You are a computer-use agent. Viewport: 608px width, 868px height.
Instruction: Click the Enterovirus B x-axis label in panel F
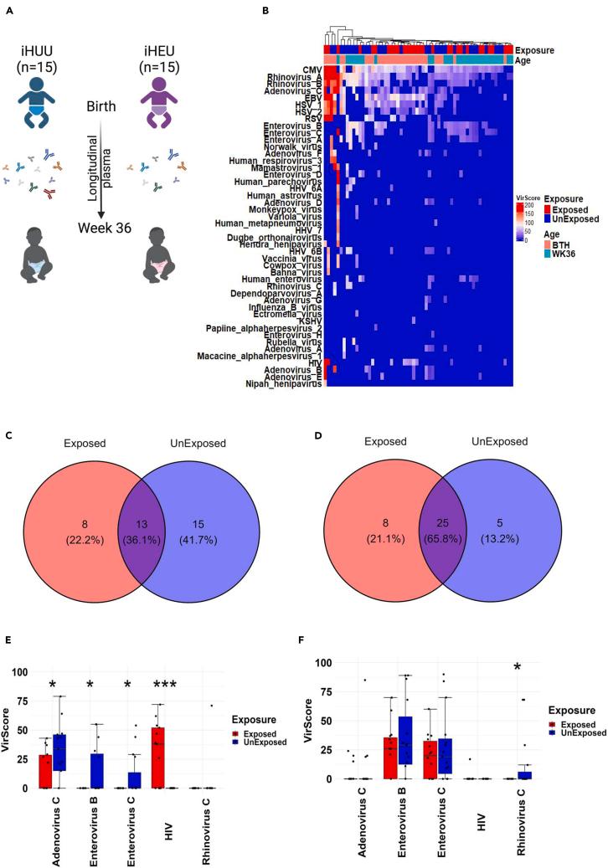397,824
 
